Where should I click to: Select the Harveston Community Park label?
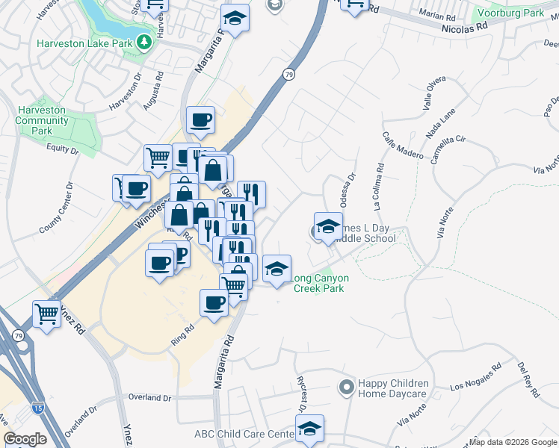42,120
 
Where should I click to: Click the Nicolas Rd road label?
466,25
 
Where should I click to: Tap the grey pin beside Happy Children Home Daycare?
345,388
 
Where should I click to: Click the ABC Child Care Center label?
244,434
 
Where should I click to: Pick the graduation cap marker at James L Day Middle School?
328,227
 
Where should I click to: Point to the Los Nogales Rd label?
477,381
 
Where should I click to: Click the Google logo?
25,439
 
